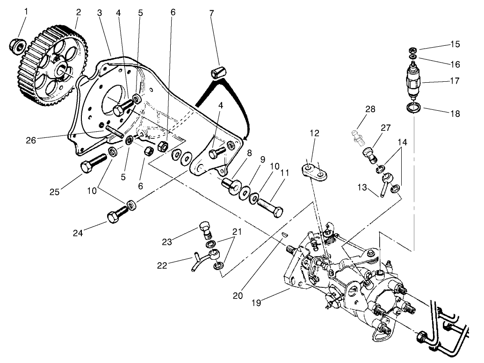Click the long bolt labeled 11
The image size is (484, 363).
(x=269, y=207)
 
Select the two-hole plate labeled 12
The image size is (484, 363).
(x=314, y=171)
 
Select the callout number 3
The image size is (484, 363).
(x=99, y=12)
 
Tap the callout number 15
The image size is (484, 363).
(x=455, y=44)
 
